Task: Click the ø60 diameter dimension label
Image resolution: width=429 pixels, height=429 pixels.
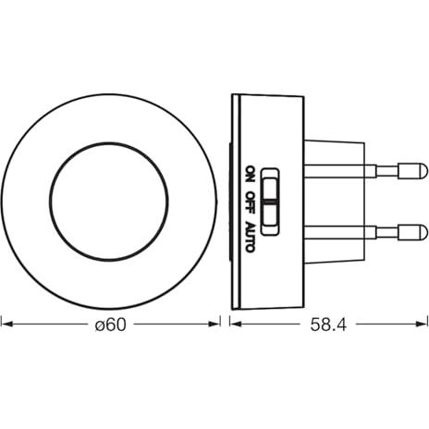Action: [x=110, y=325]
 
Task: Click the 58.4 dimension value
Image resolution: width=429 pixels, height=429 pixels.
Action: [x=328, y=325]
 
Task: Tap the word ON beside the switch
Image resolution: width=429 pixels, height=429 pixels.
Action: [x=251, y=176]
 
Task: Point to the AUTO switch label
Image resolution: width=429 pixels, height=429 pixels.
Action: [x=251, y=237]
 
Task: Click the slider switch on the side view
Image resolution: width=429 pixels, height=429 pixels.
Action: [x=270, y=202]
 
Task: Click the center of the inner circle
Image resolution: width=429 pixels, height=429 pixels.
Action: [x=109, y=202]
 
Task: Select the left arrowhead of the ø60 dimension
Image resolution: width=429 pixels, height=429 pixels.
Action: [x=6, y=324]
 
